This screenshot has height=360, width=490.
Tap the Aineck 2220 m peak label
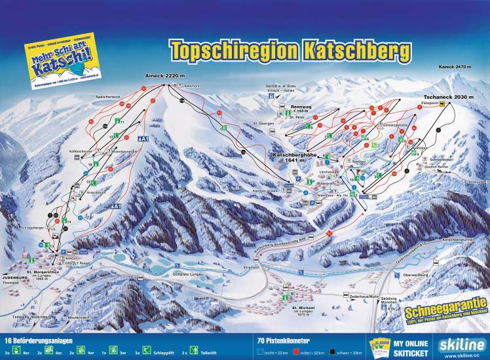point(162,77)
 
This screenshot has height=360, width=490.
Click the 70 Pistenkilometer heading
point(282,341)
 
